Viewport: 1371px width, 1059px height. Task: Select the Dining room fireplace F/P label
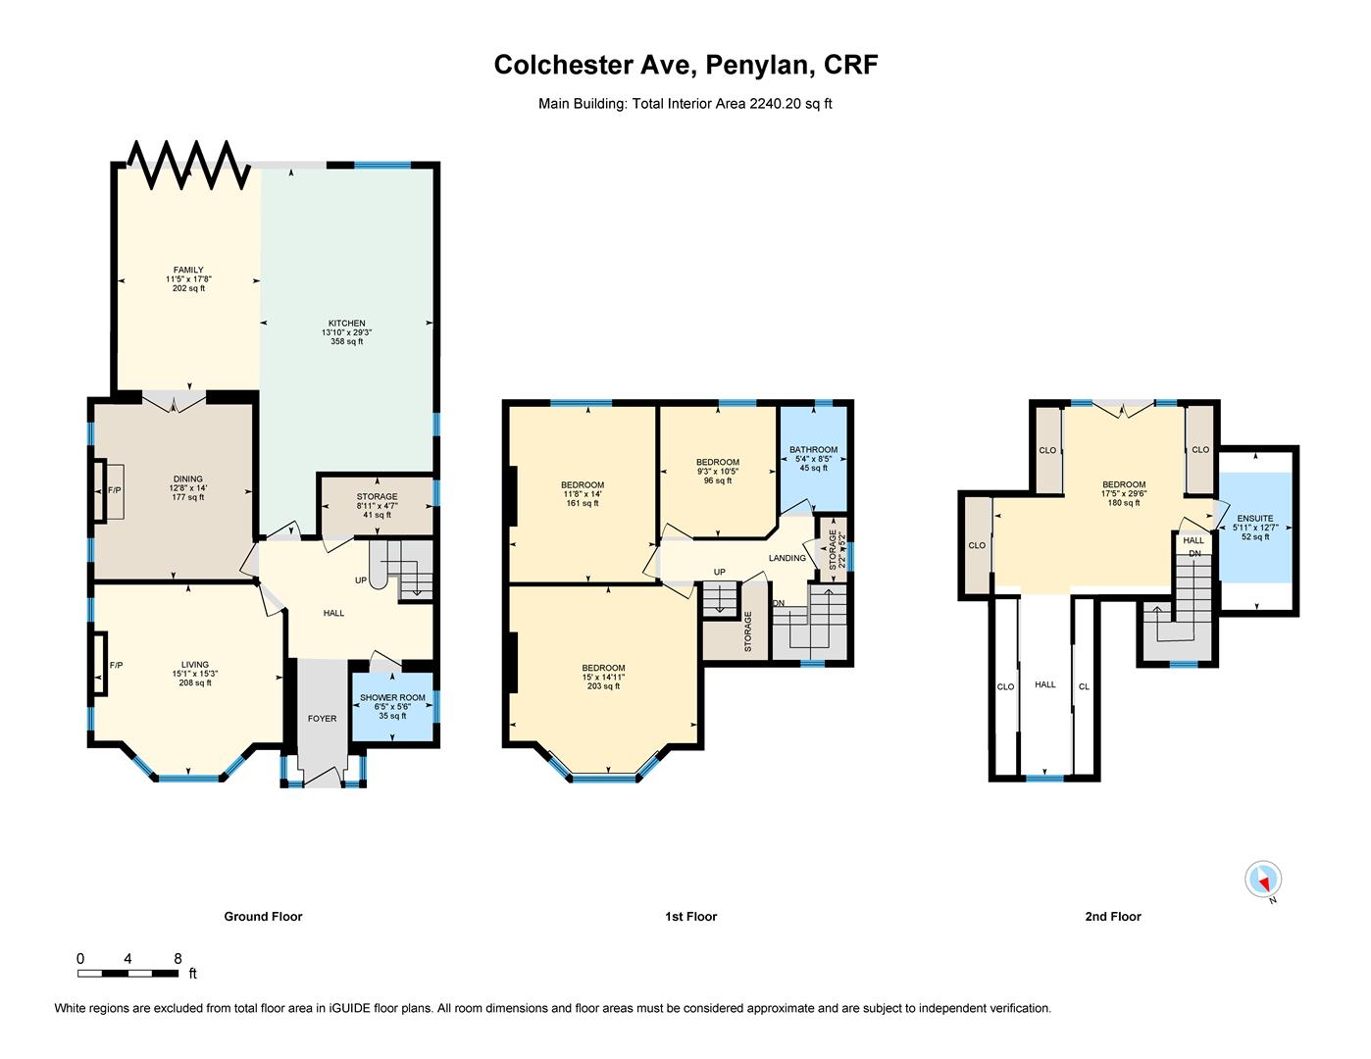114,490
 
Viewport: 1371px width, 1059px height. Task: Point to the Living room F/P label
116,666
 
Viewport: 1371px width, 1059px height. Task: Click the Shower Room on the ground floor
392,707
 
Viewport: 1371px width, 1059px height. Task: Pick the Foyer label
322,719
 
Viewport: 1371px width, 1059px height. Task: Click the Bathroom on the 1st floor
813,459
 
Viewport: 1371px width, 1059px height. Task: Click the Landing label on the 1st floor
787,558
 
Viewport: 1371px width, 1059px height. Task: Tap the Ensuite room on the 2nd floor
1255,528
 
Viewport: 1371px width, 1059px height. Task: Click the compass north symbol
1263,879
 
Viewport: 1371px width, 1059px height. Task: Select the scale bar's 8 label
178,959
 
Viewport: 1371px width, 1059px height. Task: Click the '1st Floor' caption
690,917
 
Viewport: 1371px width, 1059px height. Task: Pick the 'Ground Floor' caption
263,917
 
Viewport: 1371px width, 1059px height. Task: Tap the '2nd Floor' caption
1113,917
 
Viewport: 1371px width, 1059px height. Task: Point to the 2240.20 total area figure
773,103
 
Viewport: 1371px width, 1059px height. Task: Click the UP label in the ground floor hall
361,580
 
